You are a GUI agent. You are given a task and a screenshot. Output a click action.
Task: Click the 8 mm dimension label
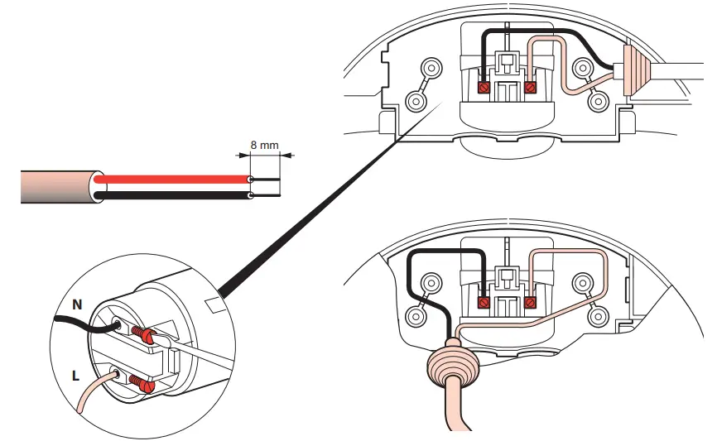[265, 146]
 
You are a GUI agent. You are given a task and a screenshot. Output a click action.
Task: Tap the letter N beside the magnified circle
[77, 304]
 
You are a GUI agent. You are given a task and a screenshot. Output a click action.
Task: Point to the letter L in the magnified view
[75, 376]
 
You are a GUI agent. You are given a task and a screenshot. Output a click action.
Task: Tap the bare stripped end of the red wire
[266, 179]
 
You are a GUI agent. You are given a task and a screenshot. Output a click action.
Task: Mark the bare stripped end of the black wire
[266, 196]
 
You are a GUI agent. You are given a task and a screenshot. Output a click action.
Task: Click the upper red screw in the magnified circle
[146, 336]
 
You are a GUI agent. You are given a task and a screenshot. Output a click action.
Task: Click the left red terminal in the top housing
[485, 86]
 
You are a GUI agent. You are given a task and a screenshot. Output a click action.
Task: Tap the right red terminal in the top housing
[532, 86]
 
